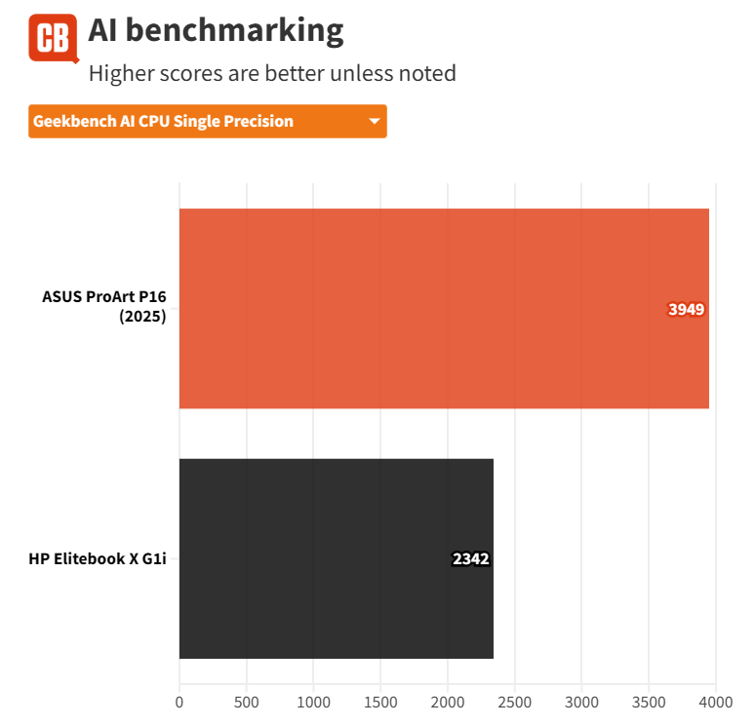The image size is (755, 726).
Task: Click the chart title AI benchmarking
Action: pos(216,31)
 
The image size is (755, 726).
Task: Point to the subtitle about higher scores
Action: pos(272,73)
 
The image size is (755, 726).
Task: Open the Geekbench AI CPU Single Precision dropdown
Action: pos(207,122)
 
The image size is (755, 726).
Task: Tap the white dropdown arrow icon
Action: pos(374,122)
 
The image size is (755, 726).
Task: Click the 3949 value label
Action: pos(686,310)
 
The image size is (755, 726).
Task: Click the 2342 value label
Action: pos(470,559)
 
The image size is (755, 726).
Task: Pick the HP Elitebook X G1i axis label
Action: pos(97,559)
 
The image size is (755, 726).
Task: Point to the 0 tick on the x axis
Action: pos(179,702)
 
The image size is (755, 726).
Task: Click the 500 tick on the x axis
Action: pos(247,702)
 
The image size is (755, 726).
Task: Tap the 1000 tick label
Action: pos(314,702)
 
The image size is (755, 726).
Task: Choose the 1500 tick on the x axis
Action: pos(381,702)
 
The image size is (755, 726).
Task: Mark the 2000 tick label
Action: pos(448,702)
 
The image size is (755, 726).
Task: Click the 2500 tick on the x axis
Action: pos(515,702)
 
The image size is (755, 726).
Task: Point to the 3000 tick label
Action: pos(582,702)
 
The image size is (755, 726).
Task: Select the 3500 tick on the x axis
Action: pos(650,702)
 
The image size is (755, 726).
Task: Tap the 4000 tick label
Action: pos(716,702)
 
